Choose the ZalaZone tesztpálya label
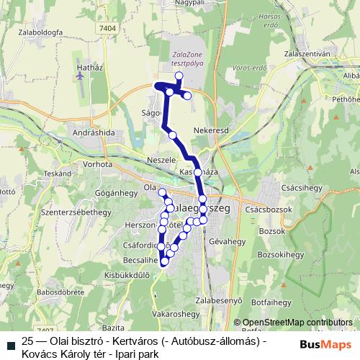pyautogui.click(x=189, y=58)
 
